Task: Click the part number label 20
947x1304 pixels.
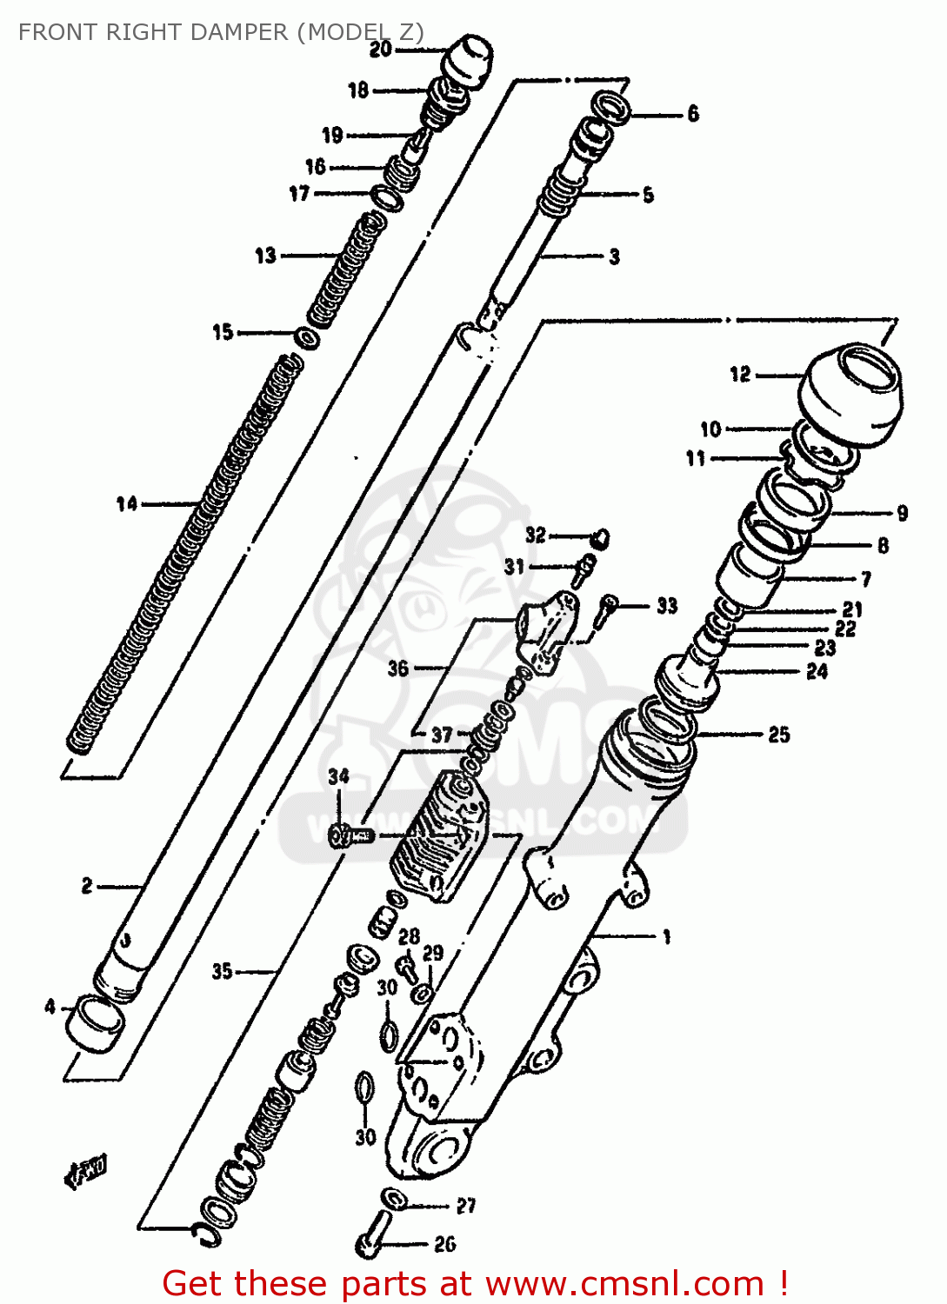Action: [x=381, y=50]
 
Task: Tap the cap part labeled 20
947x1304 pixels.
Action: [x=468, y=61]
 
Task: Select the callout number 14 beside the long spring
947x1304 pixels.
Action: [x=127, y=503]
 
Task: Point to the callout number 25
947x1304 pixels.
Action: [x=778, y=735]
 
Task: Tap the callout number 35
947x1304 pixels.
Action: [x=223, y=971]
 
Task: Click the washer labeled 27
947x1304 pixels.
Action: [x=394, y=1199]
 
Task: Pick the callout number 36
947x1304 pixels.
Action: [x=398, y=668]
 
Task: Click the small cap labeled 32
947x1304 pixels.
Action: [x=600, y=539]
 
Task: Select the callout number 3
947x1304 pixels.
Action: [x=614, y=256]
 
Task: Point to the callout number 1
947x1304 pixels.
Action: [x=667, y=937]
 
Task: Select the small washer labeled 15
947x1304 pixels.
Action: [x=306, y=337]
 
